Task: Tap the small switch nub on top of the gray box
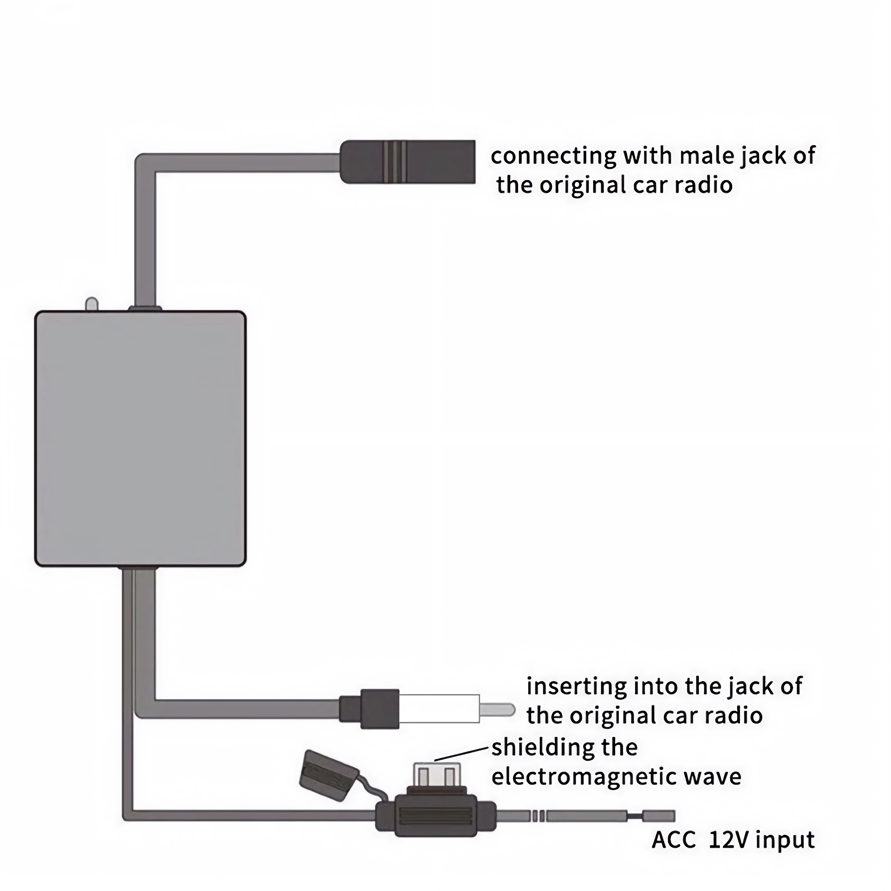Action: pos(92,304)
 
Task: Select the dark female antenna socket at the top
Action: pos(408,162)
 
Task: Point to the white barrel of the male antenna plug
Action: pos(439,709)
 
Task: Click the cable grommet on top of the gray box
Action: pos(145,308)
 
